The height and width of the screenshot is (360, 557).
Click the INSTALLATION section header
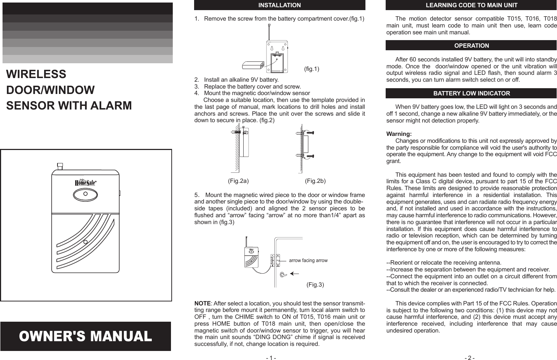[279, 5]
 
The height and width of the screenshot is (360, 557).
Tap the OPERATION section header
[471, 46]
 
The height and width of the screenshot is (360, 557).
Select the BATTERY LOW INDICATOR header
[471, 93]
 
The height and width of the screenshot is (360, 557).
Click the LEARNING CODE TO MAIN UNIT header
[471, 5]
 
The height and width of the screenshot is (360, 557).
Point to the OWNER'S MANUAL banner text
[86, 337]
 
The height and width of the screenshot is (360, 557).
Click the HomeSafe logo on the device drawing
[85, 183]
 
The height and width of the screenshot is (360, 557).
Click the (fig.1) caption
[311, 69]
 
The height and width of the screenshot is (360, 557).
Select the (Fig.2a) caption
[238, 181]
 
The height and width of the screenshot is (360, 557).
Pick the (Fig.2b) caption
[315, 181]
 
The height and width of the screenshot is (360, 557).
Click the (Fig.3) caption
[315, 285]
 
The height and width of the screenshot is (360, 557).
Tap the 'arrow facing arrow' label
[308, 261]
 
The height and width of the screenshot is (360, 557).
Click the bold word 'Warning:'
[399, 134]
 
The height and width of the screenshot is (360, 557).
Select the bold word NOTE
[202, 303]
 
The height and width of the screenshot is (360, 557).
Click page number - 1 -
[271, 358]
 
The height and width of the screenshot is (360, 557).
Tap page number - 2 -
[470, 358]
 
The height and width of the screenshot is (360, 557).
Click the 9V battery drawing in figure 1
[253, 65]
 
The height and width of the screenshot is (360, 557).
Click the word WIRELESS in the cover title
[36, 74]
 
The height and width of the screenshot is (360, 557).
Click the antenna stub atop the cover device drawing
[60, 166]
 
